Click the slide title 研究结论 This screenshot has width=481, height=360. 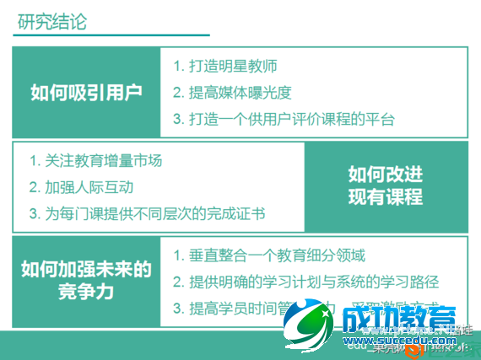point(51,20)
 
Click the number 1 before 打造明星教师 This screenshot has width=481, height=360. point(177,66)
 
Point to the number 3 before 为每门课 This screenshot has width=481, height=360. point(33,213)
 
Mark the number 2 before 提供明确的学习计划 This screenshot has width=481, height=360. point(177,282)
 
